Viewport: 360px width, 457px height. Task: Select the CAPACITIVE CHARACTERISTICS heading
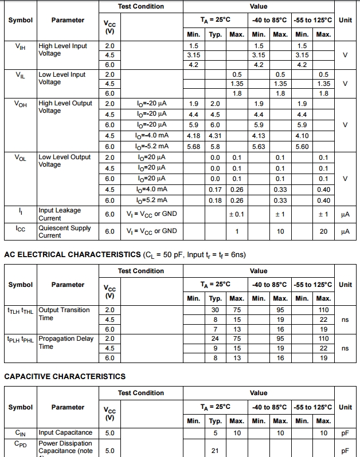65,376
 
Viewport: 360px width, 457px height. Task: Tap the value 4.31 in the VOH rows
215,136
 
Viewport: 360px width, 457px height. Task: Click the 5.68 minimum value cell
194,147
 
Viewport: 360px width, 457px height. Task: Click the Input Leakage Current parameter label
60,214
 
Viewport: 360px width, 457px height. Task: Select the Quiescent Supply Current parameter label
64,231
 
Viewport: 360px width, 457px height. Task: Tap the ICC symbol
20,229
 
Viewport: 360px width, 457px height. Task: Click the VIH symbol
20,47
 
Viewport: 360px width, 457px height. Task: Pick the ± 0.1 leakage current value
236,214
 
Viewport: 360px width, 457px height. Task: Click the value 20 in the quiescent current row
323,231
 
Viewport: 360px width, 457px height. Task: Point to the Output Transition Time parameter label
64,314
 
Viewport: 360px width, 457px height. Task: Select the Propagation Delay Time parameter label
66,342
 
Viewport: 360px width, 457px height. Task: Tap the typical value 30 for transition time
215,310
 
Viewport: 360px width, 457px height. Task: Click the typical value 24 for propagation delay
215,338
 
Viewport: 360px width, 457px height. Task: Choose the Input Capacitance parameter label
65,432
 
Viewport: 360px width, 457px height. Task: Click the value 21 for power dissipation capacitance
215,451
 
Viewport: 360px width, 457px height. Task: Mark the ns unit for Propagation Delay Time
345,348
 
